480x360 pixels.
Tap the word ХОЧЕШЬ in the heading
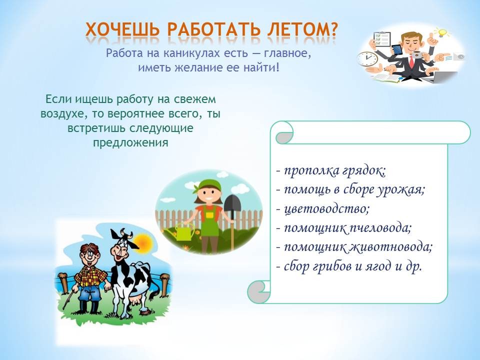point(122,30)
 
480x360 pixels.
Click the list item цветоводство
point(326,209)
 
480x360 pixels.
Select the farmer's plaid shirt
point(90,276)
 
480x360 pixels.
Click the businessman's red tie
point(411,61)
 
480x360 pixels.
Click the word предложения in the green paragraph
point(130,142)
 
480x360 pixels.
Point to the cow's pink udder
point(136,302)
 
